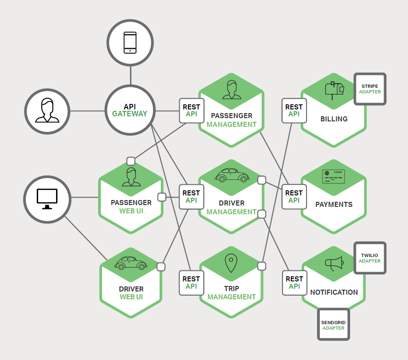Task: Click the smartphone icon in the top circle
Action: point(130,43)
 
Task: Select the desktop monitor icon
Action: point(47,199)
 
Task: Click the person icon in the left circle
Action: point(47,110)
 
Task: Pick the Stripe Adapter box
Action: point(370,89)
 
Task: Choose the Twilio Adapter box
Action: point(370,258)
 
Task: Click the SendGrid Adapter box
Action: point(334,325)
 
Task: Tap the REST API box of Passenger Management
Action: point(192,110)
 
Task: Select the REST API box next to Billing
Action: point(294,110)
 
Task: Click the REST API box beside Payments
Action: point(294,196)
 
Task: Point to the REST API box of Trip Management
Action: point(191,282)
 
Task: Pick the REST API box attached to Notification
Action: point(294,282)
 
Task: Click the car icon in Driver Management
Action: point(232,175)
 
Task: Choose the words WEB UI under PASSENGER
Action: point(131,211)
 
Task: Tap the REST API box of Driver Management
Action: point(191,196)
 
